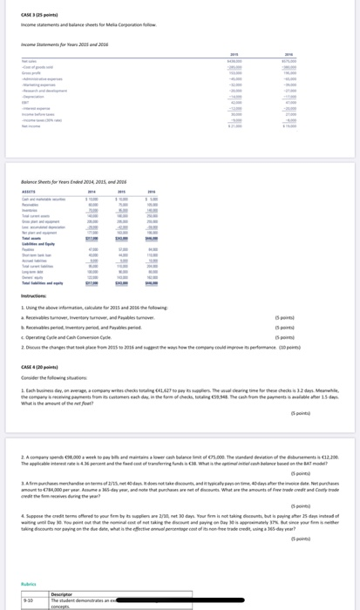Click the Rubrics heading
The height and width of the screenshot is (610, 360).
[30, 584]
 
